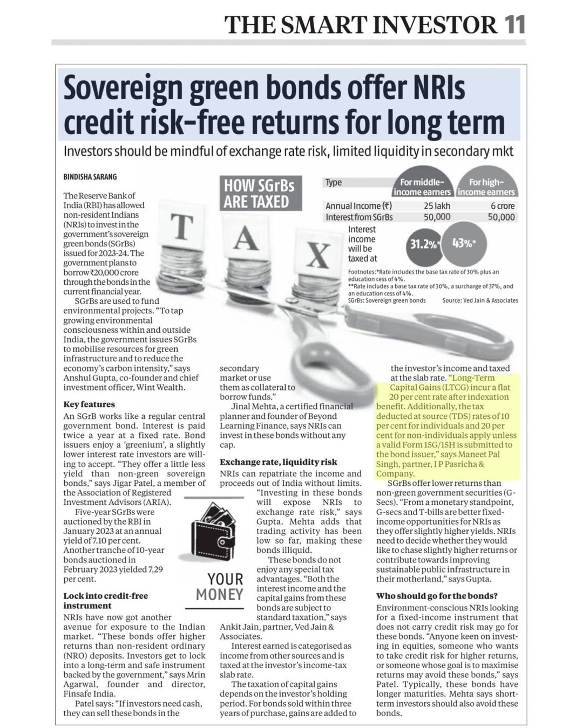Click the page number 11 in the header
click(x=515, y=25)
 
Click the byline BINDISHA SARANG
click(x=90, y=177)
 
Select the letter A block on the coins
click(x=246, y=238)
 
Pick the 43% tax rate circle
click(x=464, y=243)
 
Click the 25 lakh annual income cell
click(x=437, y=206)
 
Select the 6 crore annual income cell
click(x=502, y=206)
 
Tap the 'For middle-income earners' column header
click(x=422, y=187)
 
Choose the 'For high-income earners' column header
click(x=486, y=187)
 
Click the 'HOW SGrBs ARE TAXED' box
click(x=259, y=194)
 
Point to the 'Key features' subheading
click(x=89, y=404)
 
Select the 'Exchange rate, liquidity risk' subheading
click(x=278, y=462)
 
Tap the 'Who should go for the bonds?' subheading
click(x=437, y=595)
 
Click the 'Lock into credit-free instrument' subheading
click(x=105, y=600)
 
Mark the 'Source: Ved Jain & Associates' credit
click(x=480, y=300)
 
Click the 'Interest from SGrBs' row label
click(x=359, y=217)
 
